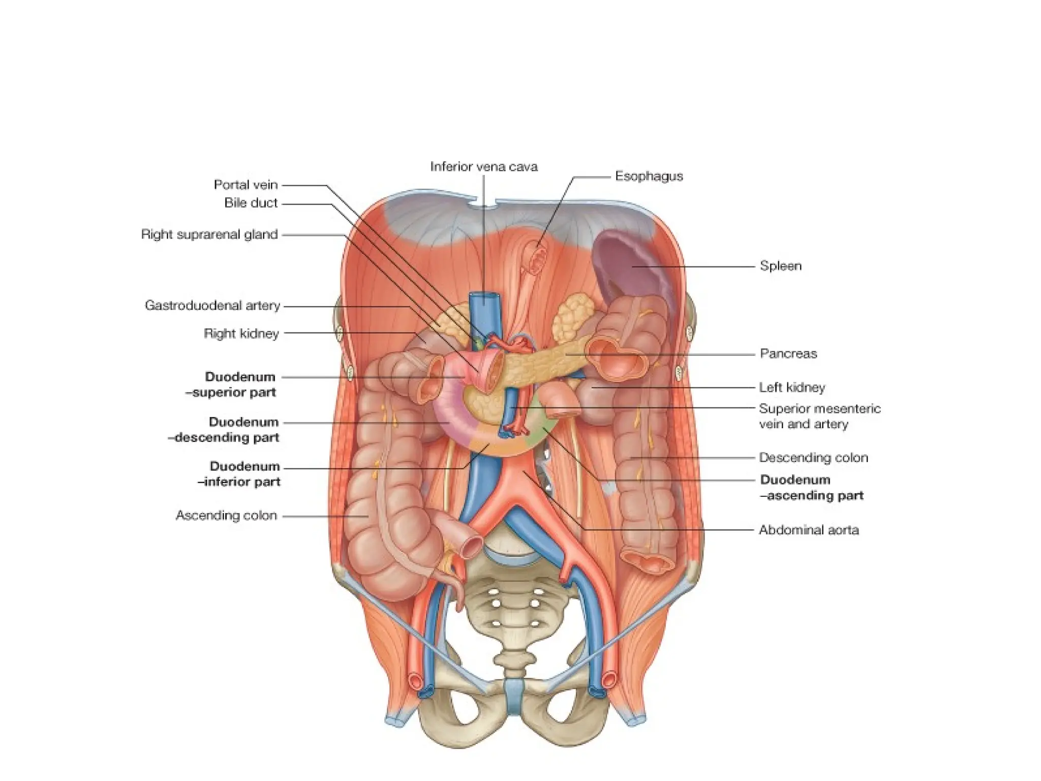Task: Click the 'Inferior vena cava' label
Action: [x=483, y=167]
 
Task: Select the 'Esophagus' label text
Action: [x=649, y=176]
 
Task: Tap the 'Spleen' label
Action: [x=780, y=266]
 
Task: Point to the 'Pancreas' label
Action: [x=788, y=354]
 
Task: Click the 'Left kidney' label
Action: [x=792, y=387]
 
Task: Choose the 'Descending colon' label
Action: [x=813, y=458]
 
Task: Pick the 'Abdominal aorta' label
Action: [x=808, y=530]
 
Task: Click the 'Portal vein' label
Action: [x=246, y=185]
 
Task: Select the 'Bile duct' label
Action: [x=251, y=203]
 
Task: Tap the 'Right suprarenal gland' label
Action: [x=209, y=234]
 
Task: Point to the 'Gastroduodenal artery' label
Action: [x=212, y=306]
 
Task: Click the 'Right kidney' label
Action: [x=241, y=334]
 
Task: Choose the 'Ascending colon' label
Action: [x=226, y=516]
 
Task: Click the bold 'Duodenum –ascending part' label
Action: [x=811, y=488]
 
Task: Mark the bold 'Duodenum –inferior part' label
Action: [x=244, y=474]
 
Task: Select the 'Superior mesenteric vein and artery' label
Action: [x=819, y=416]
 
